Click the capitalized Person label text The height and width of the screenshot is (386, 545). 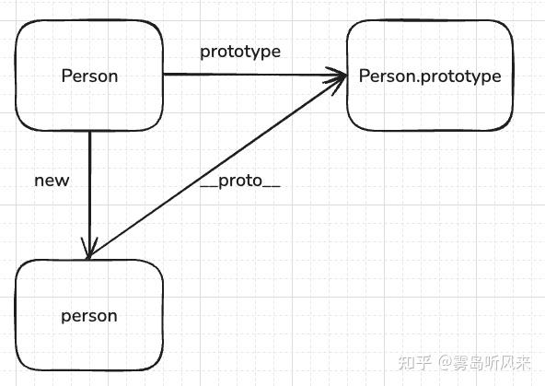coord(89,76)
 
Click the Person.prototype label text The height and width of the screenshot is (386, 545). coord(430,76)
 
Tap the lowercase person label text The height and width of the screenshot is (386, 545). coord(89,317)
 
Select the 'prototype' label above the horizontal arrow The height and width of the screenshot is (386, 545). coord(240,53)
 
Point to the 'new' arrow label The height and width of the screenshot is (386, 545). coord(52,181)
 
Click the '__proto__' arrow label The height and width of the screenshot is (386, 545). coord(240,181)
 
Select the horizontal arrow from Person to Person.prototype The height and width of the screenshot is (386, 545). coord(254,75)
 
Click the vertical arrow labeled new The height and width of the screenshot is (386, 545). coord(89,194)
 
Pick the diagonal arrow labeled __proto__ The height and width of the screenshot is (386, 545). coord(217,167)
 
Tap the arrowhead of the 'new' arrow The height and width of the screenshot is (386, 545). coord(89,249)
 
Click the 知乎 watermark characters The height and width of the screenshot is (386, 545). coord(415,363)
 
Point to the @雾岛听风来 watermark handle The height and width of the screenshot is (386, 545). coord(484,363)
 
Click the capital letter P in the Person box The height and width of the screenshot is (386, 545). coord(66,76)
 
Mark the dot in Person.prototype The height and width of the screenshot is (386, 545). coord(418,81)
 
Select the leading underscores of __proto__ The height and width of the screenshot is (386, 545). coord(209,188)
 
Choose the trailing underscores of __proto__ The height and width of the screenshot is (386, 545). coord(272,188)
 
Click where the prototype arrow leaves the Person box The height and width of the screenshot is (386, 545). coord(163,74)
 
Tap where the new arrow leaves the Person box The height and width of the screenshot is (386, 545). coord(89,131)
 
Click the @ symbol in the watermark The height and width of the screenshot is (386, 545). coord(445,363)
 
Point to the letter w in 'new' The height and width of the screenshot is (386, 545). coord(63,181)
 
